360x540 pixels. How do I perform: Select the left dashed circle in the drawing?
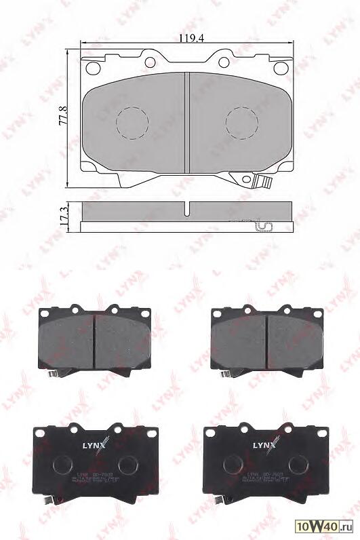click(x=133, y=122)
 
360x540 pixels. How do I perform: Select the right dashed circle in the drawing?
click(x=242, y=122)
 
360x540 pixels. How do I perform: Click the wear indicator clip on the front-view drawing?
click(x=262, y=182)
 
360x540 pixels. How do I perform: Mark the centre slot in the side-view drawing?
click(x=187, y=208)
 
